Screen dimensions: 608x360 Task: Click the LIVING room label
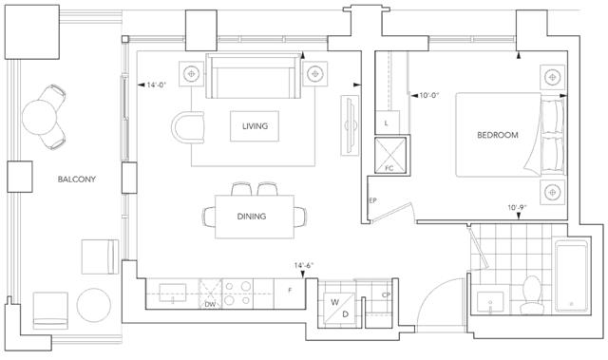pos(255,126)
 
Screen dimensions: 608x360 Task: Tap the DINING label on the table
pos(251,217)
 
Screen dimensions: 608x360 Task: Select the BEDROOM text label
pos(498,135)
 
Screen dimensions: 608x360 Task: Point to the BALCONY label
pos(76,179)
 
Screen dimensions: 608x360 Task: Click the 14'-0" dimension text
pos(156,85)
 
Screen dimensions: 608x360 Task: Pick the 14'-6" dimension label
pos(304,265)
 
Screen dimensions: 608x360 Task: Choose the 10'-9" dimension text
pos(517,208)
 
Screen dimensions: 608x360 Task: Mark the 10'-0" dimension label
pos(429,95)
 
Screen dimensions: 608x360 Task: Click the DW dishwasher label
pos(210,304)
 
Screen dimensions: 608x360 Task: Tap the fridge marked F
pos(290,294)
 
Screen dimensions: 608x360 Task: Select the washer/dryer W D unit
pos(340,309)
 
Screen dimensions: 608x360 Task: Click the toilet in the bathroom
pos(532,294)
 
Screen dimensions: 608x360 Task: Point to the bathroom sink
pos(490,302)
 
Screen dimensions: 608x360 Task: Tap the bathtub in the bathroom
pos(571,275)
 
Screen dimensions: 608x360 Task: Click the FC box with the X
pos(390,156)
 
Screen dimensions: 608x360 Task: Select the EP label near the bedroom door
pos(372,200)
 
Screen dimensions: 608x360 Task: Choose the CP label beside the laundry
pos(386,294)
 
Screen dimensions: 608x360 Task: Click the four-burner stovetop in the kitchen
pos(237,294)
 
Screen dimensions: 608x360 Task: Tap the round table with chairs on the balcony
pos(44,117)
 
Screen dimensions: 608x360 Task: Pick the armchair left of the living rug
pos(188,127)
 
